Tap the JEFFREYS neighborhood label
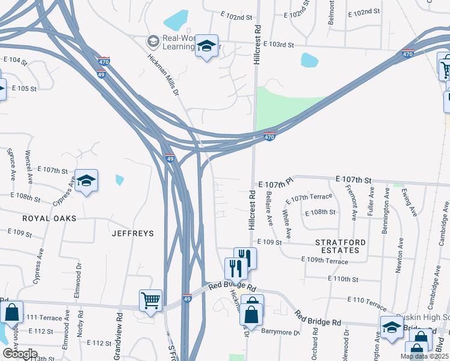coord(132,233)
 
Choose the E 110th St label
coord(343,279)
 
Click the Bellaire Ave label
coord(270,210)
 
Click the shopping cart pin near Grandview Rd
coord(150,299)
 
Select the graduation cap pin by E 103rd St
coord(207,46)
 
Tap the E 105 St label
coord(25,88)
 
